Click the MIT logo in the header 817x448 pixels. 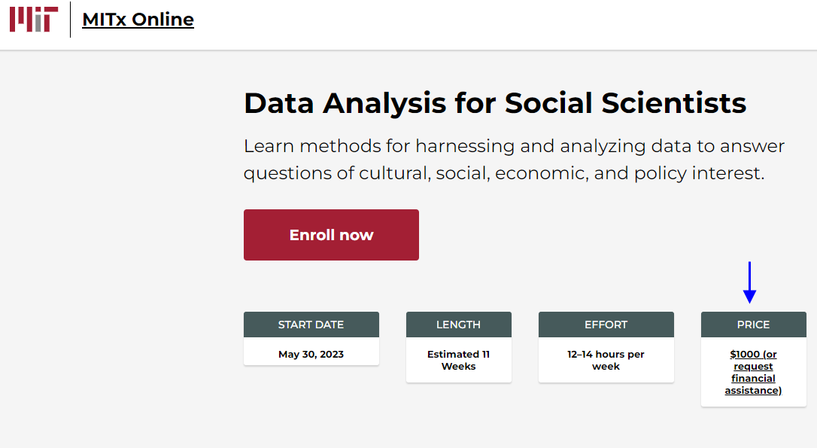(x=34, y=20)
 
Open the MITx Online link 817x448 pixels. (x=138, y=20)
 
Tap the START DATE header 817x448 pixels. (x=311, y=325)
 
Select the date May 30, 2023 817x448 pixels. (x=311, y=354)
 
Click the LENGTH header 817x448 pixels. (x=458, y=325)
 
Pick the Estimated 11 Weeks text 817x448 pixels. (x=458, y=360)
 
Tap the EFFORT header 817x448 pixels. (x=606, y=325)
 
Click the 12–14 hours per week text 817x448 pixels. (x=606, y=360)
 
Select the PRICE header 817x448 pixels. (x=753, y=325)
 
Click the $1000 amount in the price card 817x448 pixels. (x=744, y=354)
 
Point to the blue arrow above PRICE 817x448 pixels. (x=749, y=282)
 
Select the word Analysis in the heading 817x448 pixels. (x=384, y=103)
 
